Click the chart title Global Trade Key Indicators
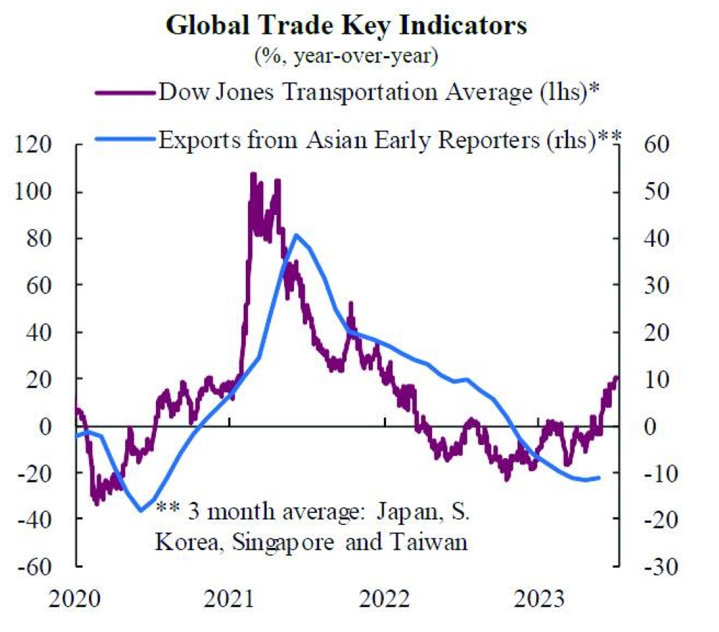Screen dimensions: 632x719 click(x=347, y=26)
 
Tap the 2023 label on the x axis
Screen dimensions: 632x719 click(x=539, y=599)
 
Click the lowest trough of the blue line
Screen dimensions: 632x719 click(x=141, y=510)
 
